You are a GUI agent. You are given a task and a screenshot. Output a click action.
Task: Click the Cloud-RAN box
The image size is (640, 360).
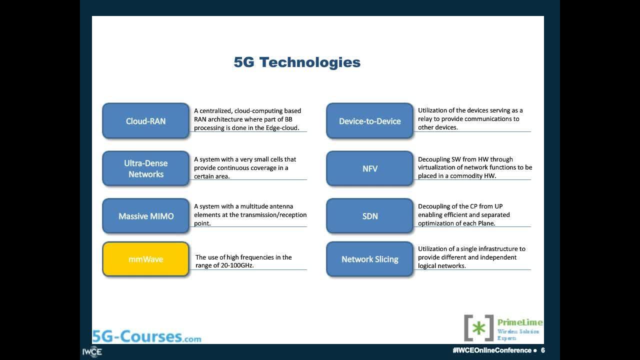(145, 121)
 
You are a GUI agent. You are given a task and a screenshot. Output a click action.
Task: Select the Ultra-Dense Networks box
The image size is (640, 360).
(145, 168)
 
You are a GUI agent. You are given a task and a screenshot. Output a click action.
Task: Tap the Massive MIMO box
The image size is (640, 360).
(145, 216)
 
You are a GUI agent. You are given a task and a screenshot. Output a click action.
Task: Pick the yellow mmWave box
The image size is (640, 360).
(145, 259)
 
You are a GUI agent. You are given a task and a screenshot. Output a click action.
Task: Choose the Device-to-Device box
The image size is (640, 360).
(369, 121)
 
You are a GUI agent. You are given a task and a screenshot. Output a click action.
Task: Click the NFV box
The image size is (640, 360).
(369, 168)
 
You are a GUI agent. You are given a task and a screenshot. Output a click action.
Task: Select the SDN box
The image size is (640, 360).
(369, 216)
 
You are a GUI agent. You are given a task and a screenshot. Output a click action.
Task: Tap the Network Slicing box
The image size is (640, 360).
(369, 259)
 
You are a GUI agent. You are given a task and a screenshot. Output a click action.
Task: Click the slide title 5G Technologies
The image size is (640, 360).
(297, 62)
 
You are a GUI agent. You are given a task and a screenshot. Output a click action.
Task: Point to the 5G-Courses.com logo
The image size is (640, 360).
(147, 336)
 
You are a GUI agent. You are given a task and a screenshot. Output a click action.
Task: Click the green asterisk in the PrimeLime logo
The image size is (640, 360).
(478, 328)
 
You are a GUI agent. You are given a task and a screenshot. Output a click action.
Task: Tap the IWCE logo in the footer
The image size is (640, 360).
(92, 351)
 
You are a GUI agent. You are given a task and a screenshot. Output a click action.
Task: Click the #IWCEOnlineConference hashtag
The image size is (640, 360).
(492, 350)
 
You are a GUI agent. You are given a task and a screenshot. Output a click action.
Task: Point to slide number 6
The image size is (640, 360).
(543, 350)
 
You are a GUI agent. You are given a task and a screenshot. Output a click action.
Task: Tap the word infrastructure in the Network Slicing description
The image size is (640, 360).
(493, 249)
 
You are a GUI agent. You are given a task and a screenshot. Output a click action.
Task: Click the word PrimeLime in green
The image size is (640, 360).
(520, 322)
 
